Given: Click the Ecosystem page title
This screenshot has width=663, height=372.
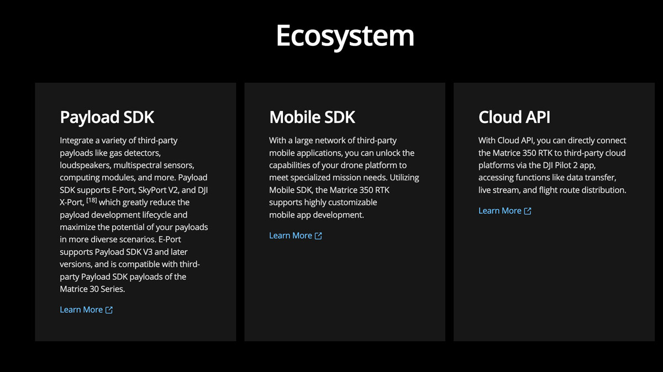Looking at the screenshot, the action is point(345,36).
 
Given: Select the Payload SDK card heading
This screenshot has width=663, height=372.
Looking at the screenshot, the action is point(107,117).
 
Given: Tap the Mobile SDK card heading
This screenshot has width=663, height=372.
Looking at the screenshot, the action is point(312,117).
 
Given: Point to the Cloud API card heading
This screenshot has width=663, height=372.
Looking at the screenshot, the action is point(514,117).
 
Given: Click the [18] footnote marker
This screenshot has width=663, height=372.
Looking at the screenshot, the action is point(92,200).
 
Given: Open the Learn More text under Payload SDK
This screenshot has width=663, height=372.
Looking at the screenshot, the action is point(81,310).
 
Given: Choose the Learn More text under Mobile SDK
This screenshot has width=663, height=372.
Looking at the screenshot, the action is point(291,235).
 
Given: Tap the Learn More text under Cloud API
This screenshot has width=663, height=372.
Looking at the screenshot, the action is point(499,210).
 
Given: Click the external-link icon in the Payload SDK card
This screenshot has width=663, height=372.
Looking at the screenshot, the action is point(109,310).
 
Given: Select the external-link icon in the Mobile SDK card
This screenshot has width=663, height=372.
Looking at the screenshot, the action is point(318,236).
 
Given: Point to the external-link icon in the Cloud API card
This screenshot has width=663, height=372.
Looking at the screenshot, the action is point(528,211).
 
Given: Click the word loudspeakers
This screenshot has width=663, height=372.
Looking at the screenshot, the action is point(85,165).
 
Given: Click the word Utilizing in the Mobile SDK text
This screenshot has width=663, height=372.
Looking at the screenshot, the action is point(404,177).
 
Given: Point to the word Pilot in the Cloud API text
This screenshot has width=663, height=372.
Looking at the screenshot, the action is point(562,165).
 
